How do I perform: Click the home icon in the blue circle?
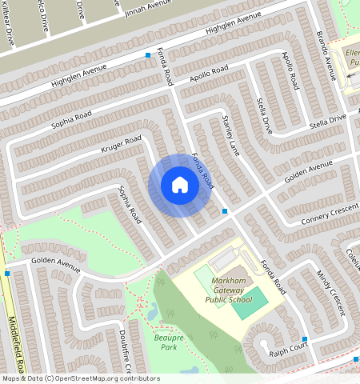point(180,186)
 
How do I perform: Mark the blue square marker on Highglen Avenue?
point(148,54)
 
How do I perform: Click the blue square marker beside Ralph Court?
point(305,339)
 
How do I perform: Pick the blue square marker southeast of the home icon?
point(225,211)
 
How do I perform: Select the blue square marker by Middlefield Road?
point(7,274)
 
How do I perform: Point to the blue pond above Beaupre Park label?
point(152,313)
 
